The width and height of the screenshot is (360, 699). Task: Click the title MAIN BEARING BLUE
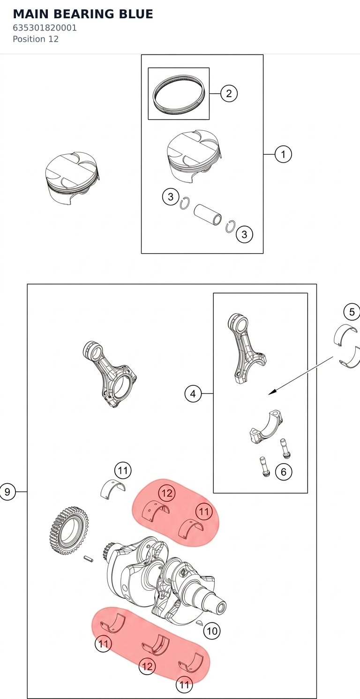pyautogui.click(x=83, y=14)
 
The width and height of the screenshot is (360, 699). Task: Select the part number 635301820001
pyautogui.click(x=45, y=28)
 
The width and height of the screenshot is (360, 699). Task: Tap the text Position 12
pyautogui.click(x=36, y=39)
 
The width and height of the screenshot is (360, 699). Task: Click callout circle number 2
pyautogui.click(x=229, y=93)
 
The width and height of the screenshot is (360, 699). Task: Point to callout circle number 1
pyautogui.click(x=283, y=154)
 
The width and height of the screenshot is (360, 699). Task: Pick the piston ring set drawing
pyautogui.click(x=179, y=94)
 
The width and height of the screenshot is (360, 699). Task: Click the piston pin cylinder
pyautogui.click(x=208, y=214)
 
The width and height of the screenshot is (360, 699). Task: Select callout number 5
pyautogui.click(x=352, y=312)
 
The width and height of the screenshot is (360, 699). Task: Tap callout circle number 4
pyautogui.click(x=193, y=394)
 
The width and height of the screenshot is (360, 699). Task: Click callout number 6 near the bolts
pyautogui.click(x=284, y=472)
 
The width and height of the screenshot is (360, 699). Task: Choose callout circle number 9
pyautogui.click(x=7, y=492)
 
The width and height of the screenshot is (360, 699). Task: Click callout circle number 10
pyautogui.click(x=212, y=631)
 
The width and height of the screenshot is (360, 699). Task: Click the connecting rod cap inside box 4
pyautogui.click(x=266, y=427)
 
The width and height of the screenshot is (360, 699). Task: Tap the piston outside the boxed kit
pyautogui.click(x=72, y=178)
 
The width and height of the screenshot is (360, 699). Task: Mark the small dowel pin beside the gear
pyautogui.click(x=88, y=558)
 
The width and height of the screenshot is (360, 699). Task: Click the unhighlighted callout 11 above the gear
pyautogui.click(x=123, y=470)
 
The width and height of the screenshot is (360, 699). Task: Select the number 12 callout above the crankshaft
pyautogui.click(x=167, y=493)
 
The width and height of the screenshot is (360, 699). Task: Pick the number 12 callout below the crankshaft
pyautogui.click(x=147, y=666)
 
